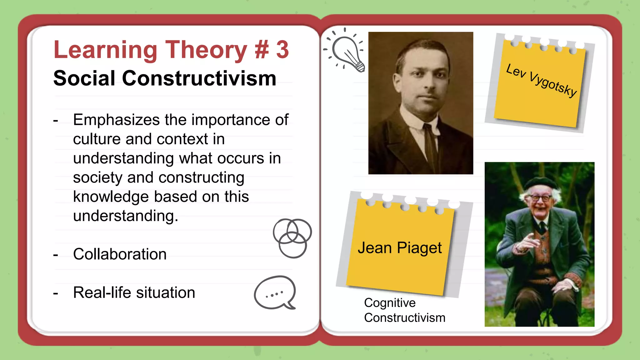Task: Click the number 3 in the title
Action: tap(282, 50)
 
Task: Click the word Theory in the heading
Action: tap(206, 50)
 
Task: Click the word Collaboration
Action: tap(120, 254)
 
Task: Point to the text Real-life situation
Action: tap(134, 293)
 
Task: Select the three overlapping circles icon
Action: tap(292, 238)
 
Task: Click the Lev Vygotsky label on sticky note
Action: tap(541, 80)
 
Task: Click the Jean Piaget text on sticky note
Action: tap(400, 248)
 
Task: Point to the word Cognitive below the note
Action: tap(390, 303)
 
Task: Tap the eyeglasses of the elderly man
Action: tap(541, 198)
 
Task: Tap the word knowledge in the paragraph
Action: tap(111, 197)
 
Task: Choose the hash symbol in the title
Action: tap(262, 50)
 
